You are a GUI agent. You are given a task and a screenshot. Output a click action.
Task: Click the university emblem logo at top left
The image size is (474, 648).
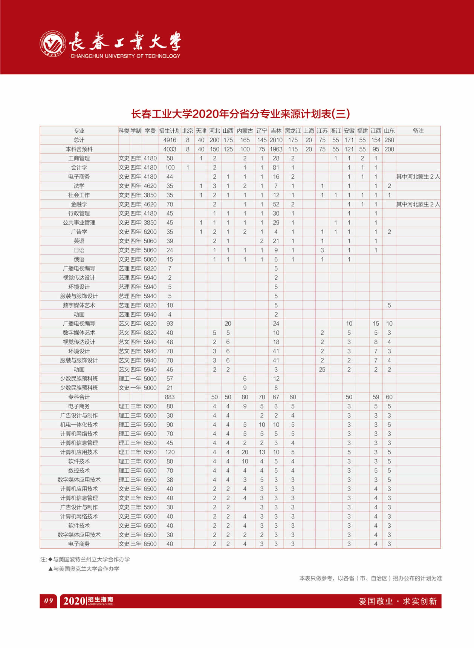pyautogui.click(x=53, y=43)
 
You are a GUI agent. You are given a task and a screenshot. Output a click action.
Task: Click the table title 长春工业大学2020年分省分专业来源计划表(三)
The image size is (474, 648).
pyautogui.click(x=240, y=113)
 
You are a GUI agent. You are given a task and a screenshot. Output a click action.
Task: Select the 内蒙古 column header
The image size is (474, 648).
pyautogui.click(x=245, y=131)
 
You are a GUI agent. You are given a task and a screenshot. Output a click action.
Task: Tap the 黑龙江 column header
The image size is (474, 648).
pyautogui.click(x=293, y=131)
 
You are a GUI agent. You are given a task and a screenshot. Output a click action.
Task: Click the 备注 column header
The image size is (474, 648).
pyautogui.click(x=418, y=131)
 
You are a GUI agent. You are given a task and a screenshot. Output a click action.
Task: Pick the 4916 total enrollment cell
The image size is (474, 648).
pyautogui.click(x=170, y=140)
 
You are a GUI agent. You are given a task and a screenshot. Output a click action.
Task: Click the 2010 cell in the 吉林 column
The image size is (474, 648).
pyautogui.click(x=276, y=140)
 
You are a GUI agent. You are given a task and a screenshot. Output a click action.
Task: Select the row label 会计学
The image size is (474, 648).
pyautogui.click(x=79, y=167)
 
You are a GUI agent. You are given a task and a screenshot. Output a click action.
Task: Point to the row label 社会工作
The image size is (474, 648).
pyautogui.click(x=79, y=195)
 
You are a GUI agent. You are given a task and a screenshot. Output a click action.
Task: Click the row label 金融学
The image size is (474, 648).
pyautogui.click(x=79, y=204)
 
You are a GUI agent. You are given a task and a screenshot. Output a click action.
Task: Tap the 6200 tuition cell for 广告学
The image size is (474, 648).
pyautogui.click(x=150, y=232)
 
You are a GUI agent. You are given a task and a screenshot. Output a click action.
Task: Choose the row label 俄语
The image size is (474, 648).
pyautogui.click(x=79, y=259)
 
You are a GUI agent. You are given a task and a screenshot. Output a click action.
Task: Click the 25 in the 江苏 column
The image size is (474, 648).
pyautogui.click(x=322, y=369)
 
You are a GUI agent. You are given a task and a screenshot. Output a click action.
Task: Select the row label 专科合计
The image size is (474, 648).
pyautogui.click(x=79, y=397)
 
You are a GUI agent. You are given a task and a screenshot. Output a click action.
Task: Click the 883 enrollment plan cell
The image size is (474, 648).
pyautogui.click(x=170, y=397)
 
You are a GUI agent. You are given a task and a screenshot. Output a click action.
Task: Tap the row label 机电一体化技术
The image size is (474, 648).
pyautogui.click(x=79, y=424)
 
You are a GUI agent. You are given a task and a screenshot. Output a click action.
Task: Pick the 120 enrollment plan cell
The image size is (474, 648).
pyautogui.click(x=170, y=452)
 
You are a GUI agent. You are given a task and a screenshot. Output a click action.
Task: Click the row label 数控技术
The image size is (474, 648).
pyautogui.click(x=79, y=470)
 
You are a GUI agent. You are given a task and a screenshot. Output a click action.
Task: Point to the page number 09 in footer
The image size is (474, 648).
pyautogui.click(x=49, y=601)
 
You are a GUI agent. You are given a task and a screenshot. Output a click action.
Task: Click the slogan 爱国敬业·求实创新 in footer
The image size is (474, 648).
pyautogui.click(x=398, y=601)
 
